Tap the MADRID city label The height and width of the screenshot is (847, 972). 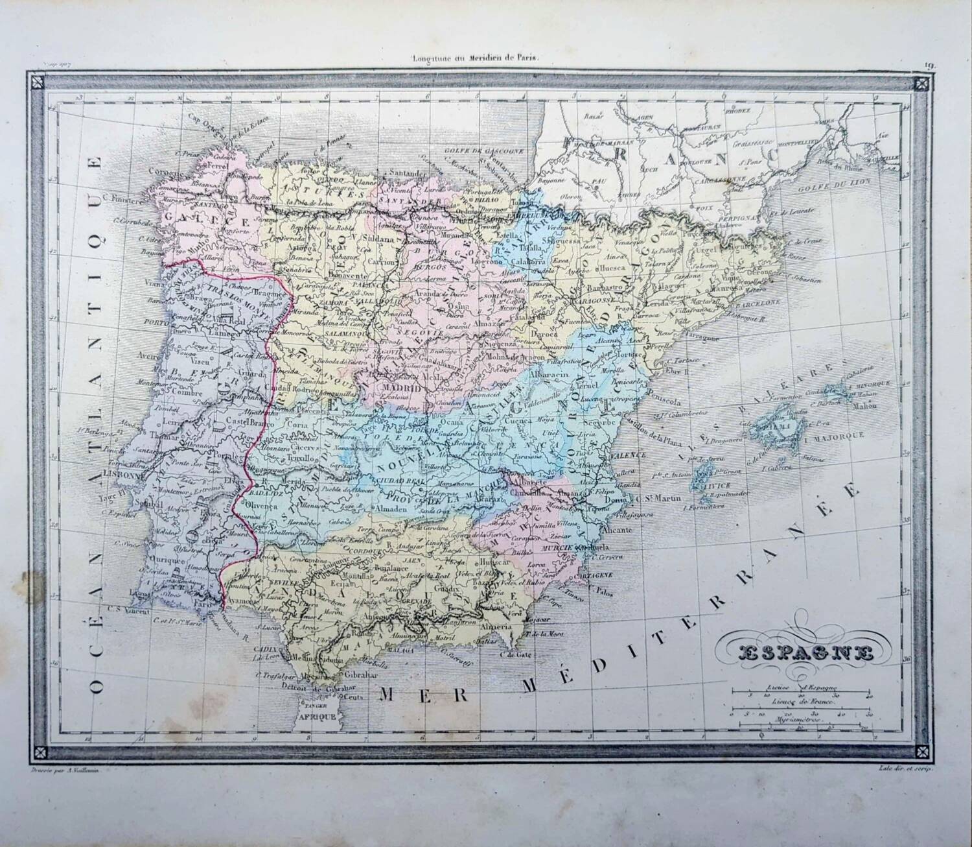pyautogui.click(x=403, y=387)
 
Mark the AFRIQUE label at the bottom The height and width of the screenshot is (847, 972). pyautogui.click(x=317, y=717)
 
